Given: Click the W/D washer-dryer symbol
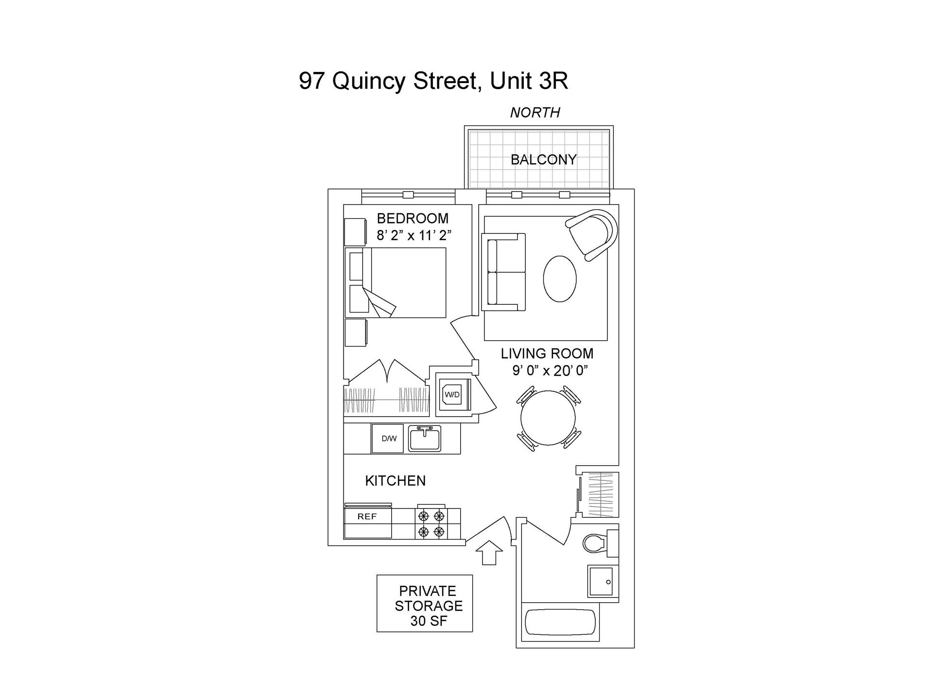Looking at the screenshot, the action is [x=452, y=395].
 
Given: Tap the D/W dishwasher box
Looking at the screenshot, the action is [x=389, y=438].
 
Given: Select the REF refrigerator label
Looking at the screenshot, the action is [x=367, y=517].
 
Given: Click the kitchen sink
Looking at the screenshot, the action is [x=425, y=438].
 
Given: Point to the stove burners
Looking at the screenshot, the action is [x=432, y=524].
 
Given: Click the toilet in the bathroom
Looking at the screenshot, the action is [x=595, y=543].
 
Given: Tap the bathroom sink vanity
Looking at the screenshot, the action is [x=603, y=581].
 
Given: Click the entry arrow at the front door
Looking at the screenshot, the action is [x=489, y=552].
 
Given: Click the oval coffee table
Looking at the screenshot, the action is [x=560, y=279].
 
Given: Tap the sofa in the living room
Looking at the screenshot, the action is [x=504, y=272].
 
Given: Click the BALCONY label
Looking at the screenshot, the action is [x=543, y=159].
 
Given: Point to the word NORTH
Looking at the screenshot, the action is [x=535, y=113].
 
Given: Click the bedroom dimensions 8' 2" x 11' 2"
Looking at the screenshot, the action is [x=414, y=236].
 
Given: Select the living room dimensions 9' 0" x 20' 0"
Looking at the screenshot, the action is [x=550, y=371].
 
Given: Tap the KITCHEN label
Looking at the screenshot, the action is [x=395, y=481].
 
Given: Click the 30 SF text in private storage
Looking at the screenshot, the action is [x=428, y=621].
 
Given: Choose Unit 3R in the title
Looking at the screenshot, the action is [x=529, y=81].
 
